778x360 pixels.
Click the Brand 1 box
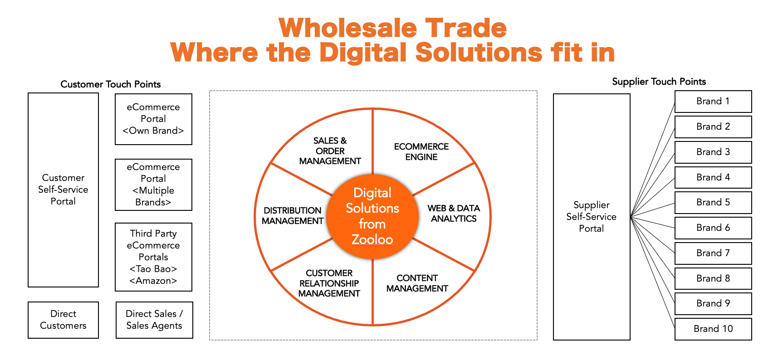pos(713,102)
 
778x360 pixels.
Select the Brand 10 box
pos(713,329)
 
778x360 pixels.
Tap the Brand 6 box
pos(713,228)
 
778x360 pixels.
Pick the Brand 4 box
pos(713,177)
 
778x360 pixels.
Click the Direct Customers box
pos(63,320)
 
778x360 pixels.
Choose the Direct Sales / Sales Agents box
pos(154,320)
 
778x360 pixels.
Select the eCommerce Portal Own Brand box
pos(153,119)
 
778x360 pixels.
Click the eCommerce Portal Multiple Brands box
pos(153,185)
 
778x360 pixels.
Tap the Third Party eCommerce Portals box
pos(153,257)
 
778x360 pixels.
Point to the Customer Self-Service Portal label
pos(63,190)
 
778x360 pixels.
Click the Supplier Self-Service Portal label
pos(591,217)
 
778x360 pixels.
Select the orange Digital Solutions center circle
pos(372,217)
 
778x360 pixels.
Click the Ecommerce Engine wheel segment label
pos(421,152)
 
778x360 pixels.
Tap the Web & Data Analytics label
pos(454,214)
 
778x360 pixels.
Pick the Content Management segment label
pos(417,283)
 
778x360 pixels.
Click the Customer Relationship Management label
pos(329,283)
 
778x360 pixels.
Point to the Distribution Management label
pos(293,216)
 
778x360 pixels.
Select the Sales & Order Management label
pos(330,151)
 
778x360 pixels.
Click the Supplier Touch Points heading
pos(659,82)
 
